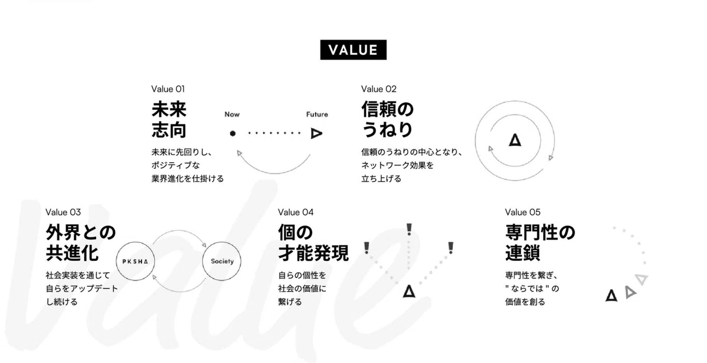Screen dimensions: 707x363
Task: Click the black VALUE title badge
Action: pos(353,50)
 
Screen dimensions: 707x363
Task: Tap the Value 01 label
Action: pos(168,89)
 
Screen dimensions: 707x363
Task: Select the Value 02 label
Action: pos(379,89)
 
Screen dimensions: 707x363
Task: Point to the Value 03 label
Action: pos(63,212)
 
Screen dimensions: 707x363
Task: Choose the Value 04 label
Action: pos(296,212)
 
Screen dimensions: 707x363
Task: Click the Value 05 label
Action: pos(523,212)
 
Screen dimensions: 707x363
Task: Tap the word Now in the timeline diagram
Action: pos(232,115)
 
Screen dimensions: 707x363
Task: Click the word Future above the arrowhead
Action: pos(317,115)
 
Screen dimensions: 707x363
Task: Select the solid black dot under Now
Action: pos(233,133)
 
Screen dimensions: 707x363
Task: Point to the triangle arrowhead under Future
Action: pos(316,133)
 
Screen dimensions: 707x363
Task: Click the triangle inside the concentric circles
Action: pos(515,140)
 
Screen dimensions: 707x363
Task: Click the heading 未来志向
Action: pos(169,119)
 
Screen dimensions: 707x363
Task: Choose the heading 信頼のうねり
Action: pos(388,119)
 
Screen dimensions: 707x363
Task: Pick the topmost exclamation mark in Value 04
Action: pos(409,230)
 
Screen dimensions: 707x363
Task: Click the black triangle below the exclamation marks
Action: pos(409,291)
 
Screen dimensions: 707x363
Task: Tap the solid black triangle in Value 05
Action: pos(612,295)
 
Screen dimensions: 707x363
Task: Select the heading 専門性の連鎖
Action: pos(540,242)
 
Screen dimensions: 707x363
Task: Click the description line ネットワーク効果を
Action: pos(398,165)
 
